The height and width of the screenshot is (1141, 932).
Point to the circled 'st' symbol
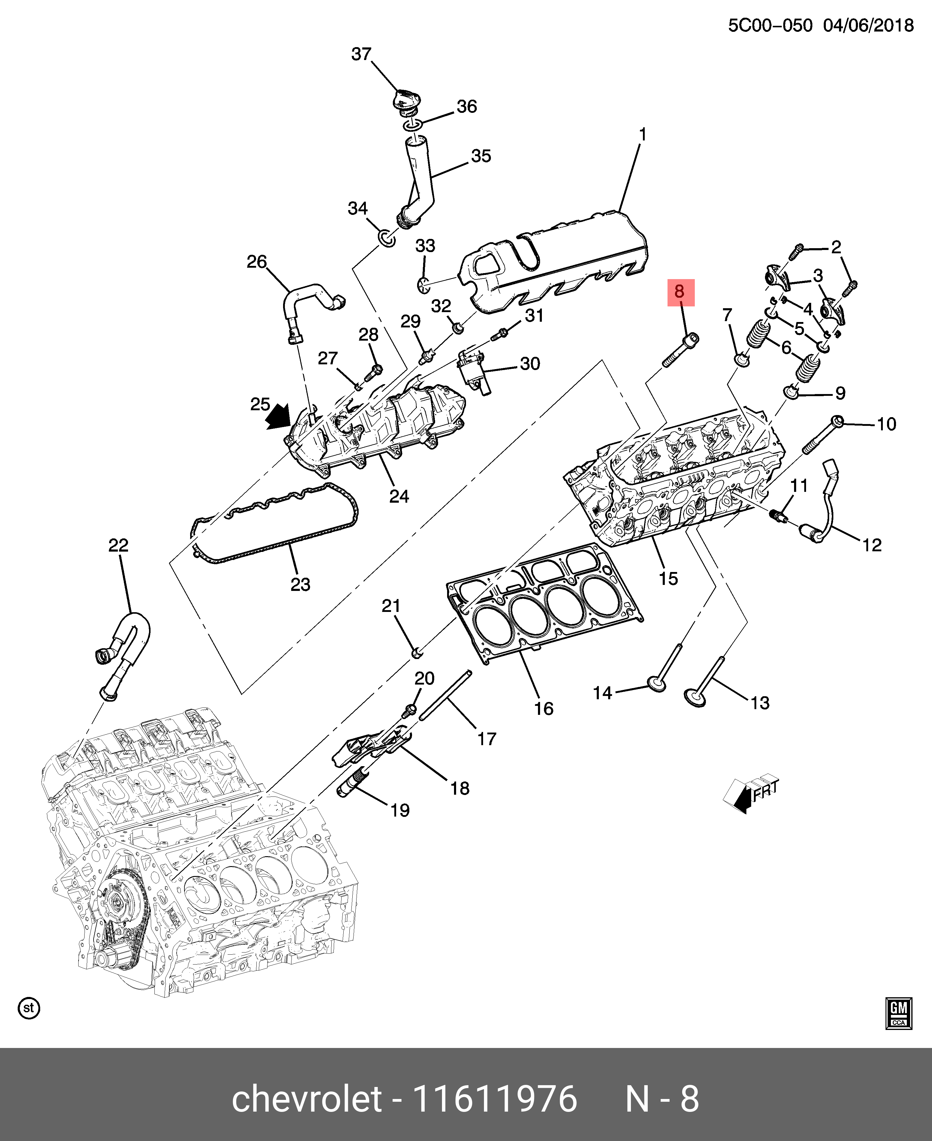click(x=29, y=1008)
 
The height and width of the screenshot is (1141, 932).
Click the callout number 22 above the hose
click(x=119, y=545)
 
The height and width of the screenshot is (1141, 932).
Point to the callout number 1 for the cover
click(x=643, y=134)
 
